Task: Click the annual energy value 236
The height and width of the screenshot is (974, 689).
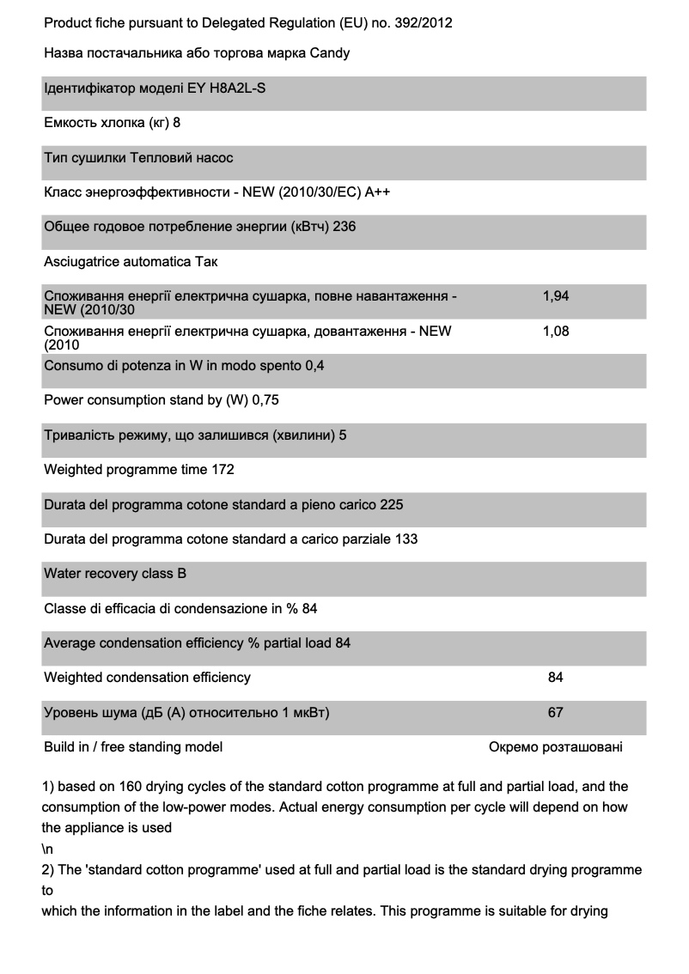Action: click(x=344, y=227)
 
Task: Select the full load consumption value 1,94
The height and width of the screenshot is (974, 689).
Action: click(x=556, y=295)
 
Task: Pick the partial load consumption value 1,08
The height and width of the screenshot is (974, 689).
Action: click(x=556, y=331)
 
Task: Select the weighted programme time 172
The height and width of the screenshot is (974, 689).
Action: click(x=223, y=469)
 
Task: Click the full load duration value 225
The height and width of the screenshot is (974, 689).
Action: click(x=392, y=504)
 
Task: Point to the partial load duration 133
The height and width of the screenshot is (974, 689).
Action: click(x=406, y=539)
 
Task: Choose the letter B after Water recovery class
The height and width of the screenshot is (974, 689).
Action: click(x=181, y=573)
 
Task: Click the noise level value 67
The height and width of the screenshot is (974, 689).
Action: click(x=556, y=712)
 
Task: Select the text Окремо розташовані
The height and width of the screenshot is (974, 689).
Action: click(x=556, y=746)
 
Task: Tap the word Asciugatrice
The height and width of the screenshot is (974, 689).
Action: click(x=82, y=261)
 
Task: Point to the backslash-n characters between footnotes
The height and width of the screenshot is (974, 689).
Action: click(x=47, y=849)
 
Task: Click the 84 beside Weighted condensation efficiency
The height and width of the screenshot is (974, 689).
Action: click(x=556, y=677)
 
